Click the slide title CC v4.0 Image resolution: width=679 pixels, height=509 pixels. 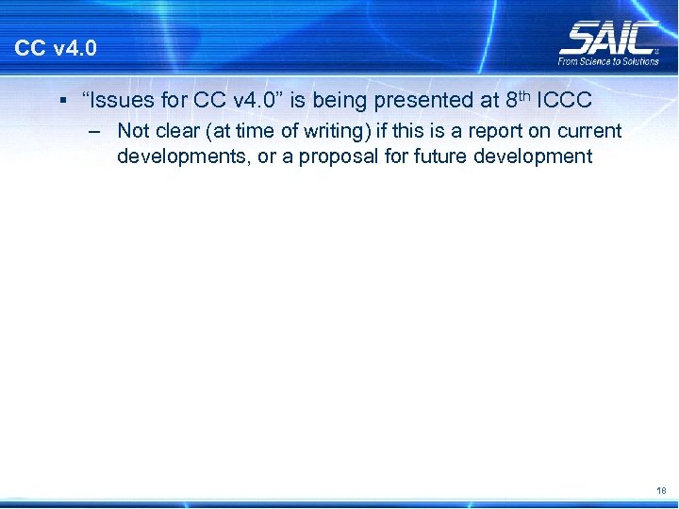click(x=56, y=48)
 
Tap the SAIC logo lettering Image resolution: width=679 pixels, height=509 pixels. click(x=608, y=39)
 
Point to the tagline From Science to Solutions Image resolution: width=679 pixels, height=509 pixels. click(x=608, y=61)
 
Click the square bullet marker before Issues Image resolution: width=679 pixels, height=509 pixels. click(x=59, y=99)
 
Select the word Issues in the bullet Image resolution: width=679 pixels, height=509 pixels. click(x=119, y=99)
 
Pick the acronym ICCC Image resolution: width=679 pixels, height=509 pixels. click(x=566, y=99)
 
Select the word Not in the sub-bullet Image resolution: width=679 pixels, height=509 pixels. click(x=133, y=131)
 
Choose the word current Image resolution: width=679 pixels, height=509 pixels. click(x=590, y=131)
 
